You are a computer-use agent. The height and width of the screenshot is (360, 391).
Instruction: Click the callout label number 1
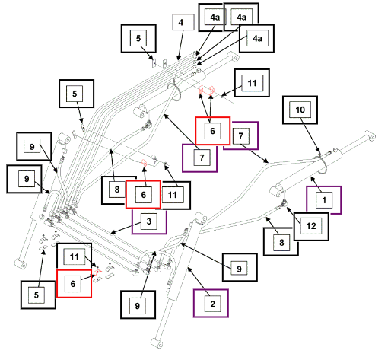[x=324, y=200]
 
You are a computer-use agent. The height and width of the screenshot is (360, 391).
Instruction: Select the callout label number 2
[x=211, y=304]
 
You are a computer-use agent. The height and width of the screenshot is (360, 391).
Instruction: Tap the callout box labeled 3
[x=149, y=221]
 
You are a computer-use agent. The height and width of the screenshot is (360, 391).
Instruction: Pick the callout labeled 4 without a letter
[x=183, y=22]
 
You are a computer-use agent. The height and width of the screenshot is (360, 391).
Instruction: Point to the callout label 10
[x=300, y=110]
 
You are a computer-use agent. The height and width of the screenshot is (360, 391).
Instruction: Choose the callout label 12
[x=311, y=226]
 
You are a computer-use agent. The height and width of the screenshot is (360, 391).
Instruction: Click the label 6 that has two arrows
[x=212, y=131]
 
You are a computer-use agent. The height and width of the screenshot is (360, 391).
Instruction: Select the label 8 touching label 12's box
[x=281, y=242]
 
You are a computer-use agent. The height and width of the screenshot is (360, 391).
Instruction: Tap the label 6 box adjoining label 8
[x=143, y=195]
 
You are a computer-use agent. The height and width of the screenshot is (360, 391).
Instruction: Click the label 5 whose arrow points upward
[x=38, y=295]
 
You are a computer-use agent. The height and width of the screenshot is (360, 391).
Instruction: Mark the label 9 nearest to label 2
[x=240, y=267]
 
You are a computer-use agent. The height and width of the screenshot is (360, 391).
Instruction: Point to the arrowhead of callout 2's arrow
[x=189, y=269]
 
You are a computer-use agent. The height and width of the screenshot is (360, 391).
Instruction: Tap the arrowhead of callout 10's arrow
[x=319, y=151]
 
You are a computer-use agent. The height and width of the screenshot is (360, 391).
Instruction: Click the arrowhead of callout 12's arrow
[x=288, y=209]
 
